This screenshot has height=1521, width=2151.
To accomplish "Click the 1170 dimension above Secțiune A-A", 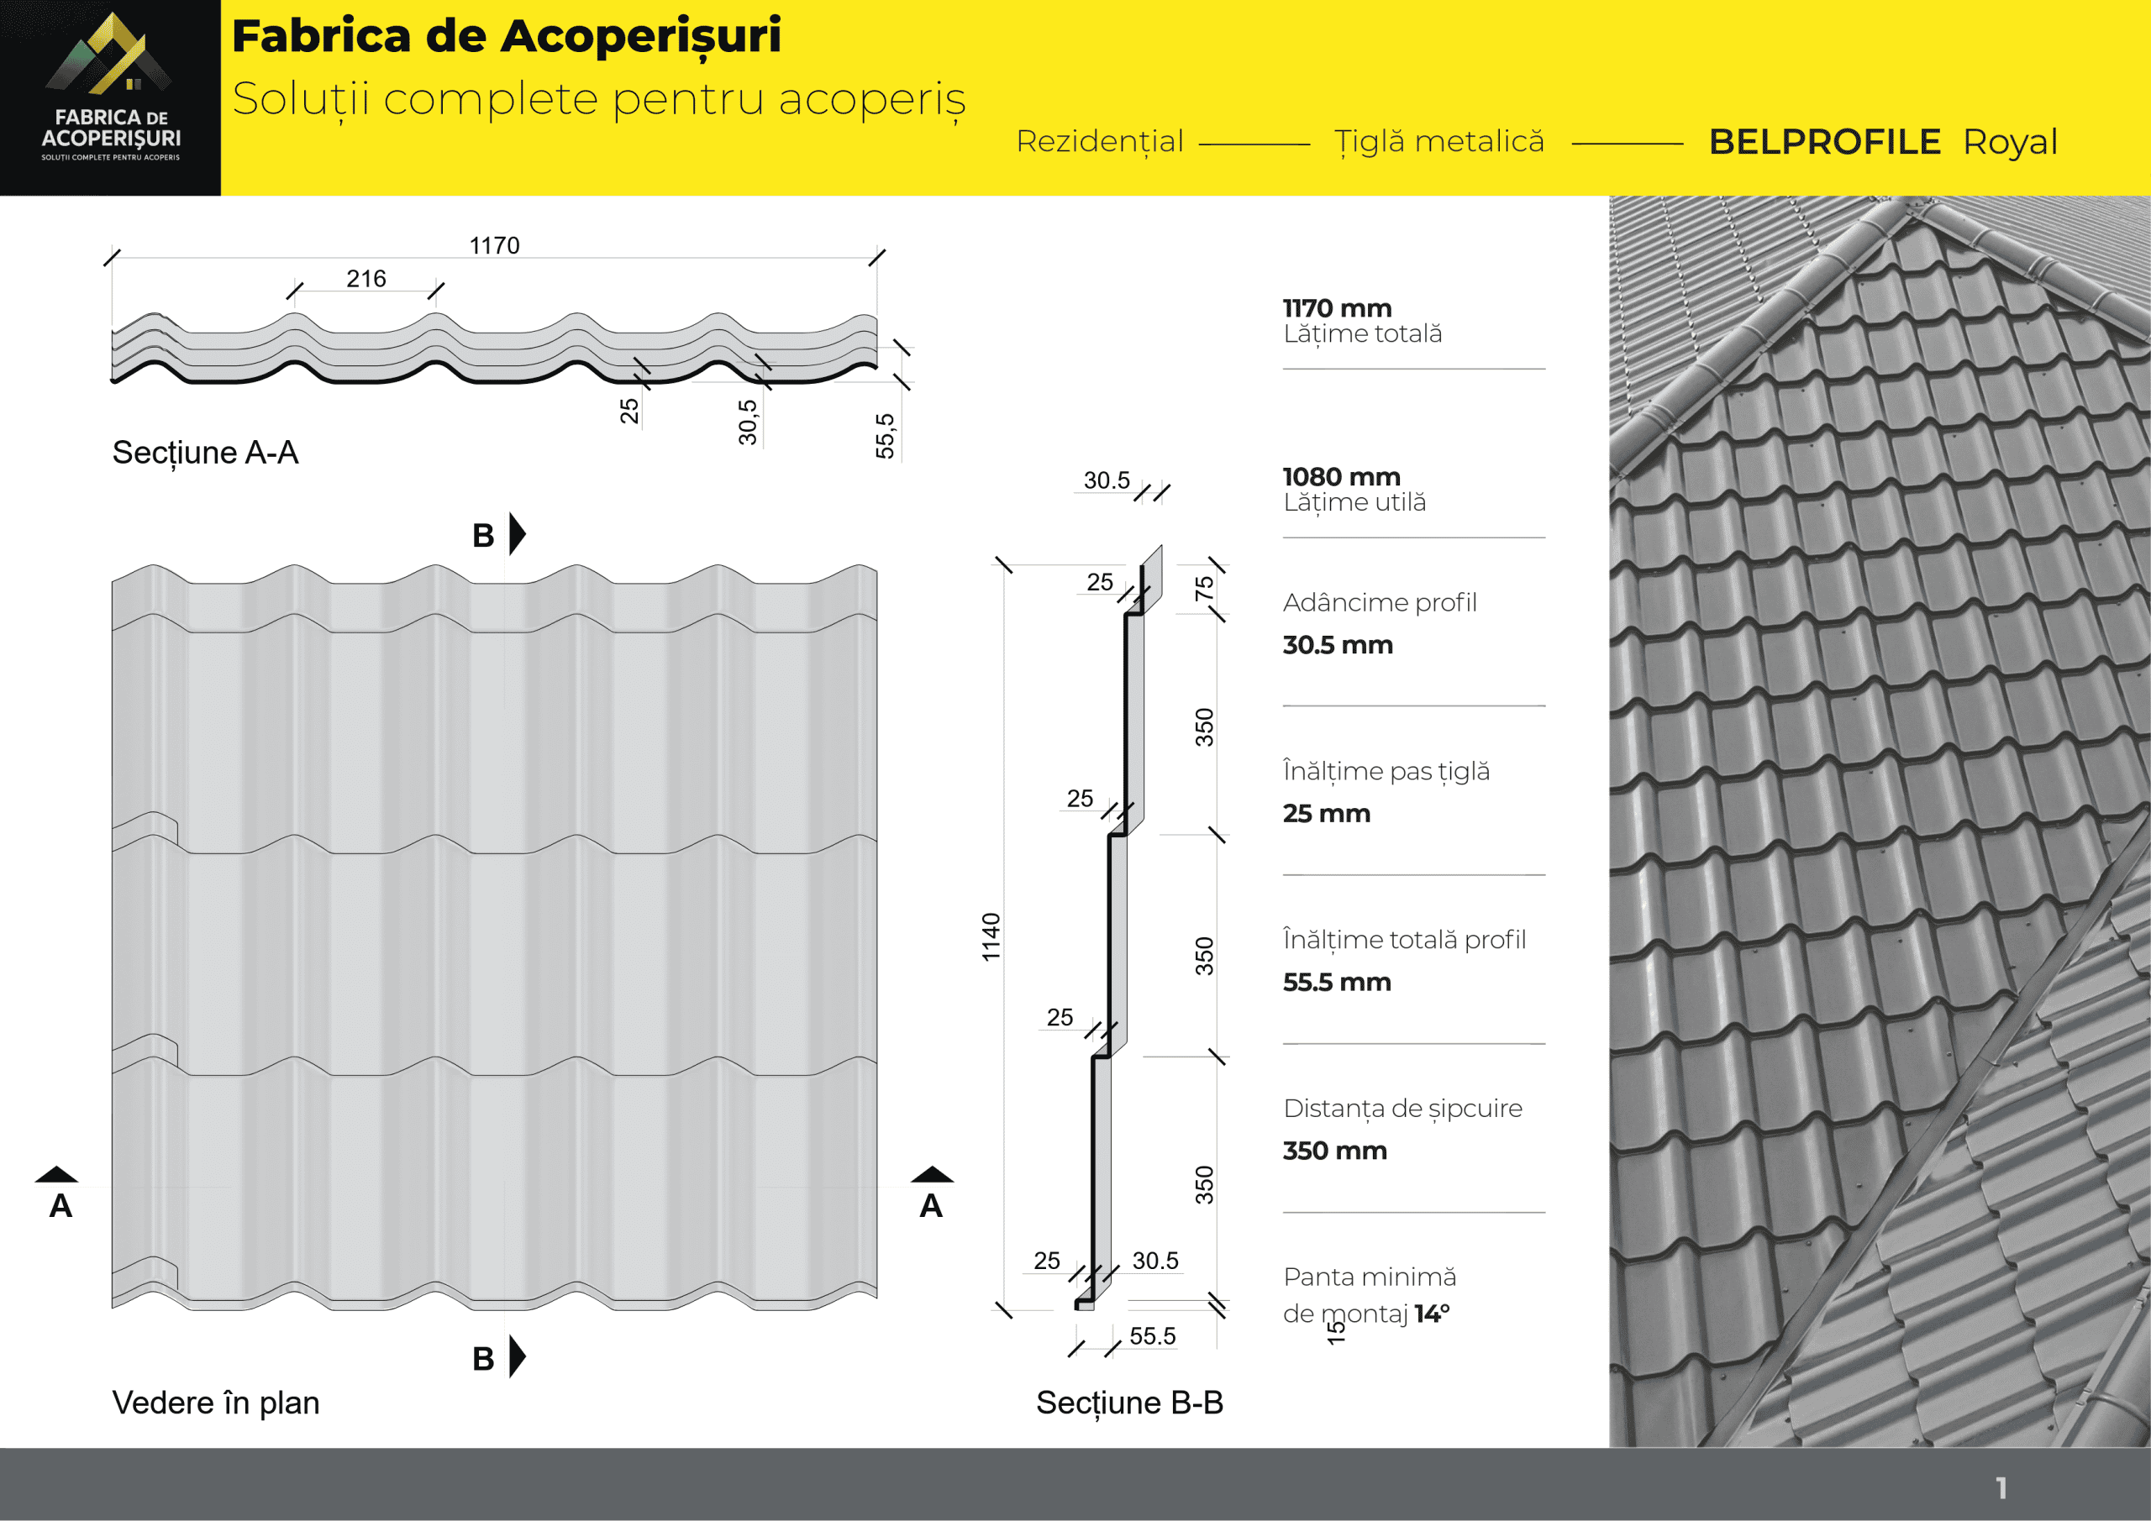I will (x=494, y=245).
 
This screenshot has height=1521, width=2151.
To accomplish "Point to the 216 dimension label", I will (x=366, y=278).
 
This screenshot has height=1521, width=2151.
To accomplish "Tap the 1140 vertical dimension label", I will (x=991, y=936).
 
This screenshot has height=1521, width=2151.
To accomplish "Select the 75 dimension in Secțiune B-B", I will (x=1204, y=588).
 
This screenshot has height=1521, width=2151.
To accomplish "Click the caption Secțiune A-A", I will (x=205, y=453).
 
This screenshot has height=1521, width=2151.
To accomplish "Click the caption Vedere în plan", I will (x=215, y=1402).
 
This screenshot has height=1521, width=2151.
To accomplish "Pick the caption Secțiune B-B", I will (x=1129, y=1402).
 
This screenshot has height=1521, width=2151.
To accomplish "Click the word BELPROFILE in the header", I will (x=1824, y=143).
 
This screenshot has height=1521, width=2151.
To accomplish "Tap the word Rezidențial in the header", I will (x=1100, y=141).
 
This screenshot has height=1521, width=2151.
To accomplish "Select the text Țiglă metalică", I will (x=1439, y=141).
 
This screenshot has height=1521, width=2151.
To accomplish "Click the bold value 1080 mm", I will (x=1341, y=477).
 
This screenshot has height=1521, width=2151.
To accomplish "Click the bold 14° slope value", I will (x=1432, y=1314).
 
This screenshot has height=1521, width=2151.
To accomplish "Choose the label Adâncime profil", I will (x=1379, y=602).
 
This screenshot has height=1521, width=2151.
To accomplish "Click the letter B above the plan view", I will (x=483, y=536).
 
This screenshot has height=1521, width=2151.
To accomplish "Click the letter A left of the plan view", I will (x=60, y=1205).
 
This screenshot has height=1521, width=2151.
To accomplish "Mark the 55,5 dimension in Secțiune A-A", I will (x=885, y=436).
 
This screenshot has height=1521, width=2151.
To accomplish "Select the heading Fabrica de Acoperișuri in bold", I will (x=506, y=35).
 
